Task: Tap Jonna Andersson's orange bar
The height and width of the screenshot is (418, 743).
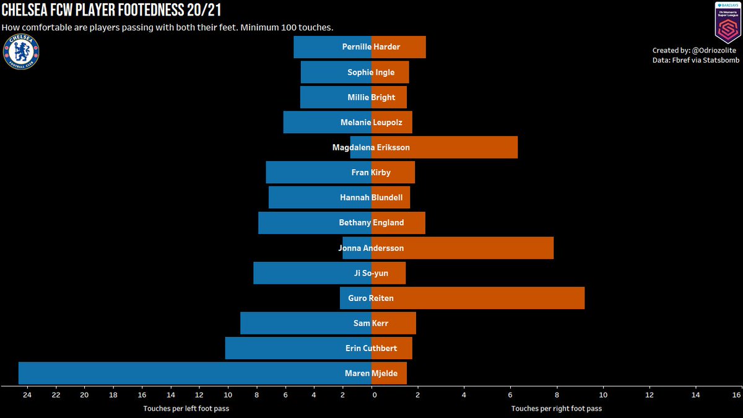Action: [x=477, y=248]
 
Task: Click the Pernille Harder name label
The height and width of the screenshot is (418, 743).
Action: [x=371, y=47]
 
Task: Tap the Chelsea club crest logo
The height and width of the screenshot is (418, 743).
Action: [x=21, y=51]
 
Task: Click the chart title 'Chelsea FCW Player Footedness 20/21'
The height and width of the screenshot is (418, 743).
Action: [x=111, y=11]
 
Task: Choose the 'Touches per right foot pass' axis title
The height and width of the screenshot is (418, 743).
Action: [x=556, y=408]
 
